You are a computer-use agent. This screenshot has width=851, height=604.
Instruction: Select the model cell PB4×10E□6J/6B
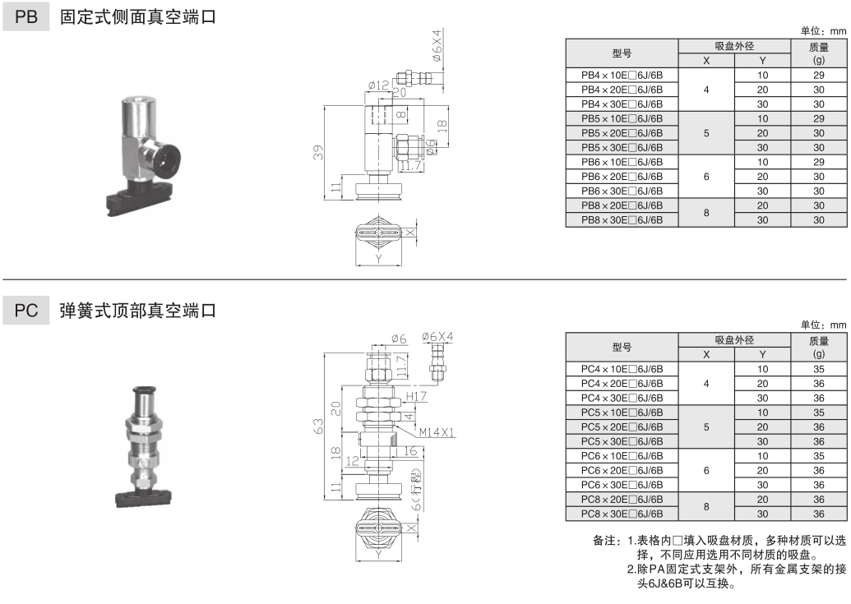pos(622,75)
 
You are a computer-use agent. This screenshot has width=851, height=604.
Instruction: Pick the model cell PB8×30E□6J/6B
pos(622,220)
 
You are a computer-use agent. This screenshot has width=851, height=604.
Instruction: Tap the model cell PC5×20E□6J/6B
pos(622,426)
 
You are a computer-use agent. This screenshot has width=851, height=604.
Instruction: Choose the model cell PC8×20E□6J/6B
pos(622,500)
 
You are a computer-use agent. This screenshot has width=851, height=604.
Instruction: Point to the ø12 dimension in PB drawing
pos(378,85)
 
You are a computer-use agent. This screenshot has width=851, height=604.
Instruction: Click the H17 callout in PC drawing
pos(419,396)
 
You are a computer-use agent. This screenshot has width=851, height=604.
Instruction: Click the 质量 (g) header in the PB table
pos(818,53)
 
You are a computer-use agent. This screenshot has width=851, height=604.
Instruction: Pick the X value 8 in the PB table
pos(706,213)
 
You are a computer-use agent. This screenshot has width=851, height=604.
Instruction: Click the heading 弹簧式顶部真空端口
pos(138,311)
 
